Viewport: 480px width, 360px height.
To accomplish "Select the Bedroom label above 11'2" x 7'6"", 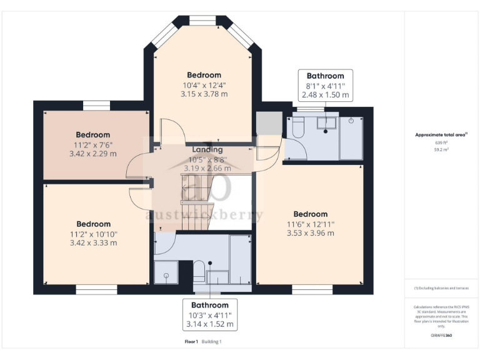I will coord(93,134).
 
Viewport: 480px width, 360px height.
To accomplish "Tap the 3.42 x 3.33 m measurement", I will coord(93,242).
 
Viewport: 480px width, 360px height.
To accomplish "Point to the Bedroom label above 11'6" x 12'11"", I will coord(310,214).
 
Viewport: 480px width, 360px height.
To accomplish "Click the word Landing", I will coord(207,150).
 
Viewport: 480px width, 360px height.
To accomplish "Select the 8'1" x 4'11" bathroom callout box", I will coord(325,86).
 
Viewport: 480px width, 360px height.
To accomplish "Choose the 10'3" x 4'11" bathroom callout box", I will coord(209,314).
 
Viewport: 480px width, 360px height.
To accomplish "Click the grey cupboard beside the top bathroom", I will coord(269,123).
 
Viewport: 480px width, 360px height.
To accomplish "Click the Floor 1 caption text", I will coord(191,342).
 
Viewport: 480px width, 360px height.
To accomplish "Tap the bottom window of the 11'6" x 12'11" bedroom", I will coord(310,289).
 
